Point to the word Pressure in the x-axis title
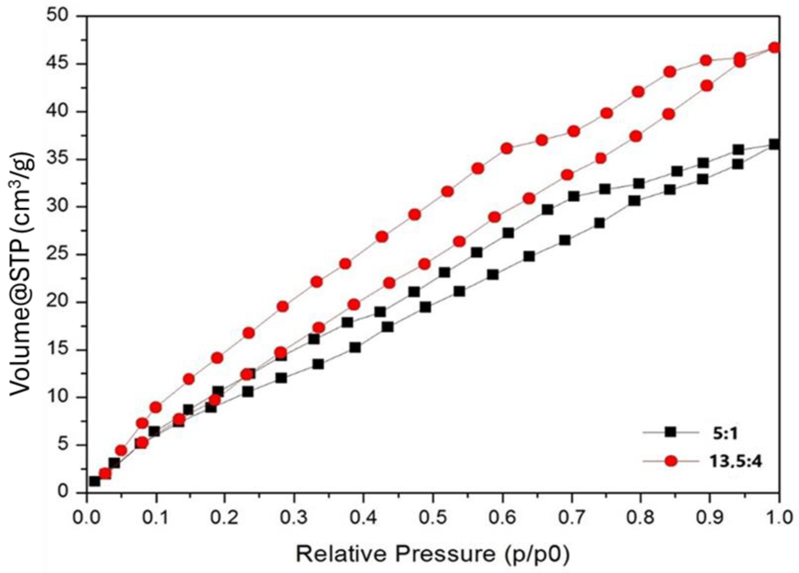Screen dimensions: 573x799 [446, 554]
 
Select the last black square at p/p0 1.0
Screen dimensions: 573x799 [774, 144]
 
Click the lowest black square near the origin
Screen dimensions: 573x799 [94, 481]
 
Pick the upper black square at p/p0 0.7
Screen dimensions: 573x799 [574, 196]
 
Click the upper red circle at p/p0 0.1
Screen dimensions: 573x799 [156, 407]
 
